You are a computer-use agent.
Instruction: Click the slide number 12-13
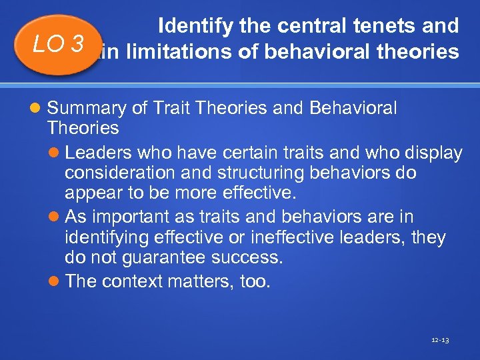440,340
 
